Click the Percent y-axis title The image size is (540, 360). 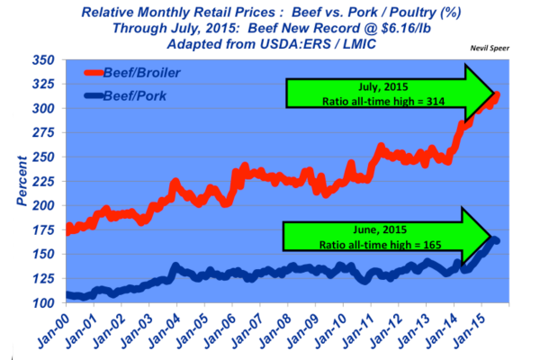coord(18,180)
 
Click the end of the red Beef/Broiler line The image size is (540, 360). coord(498,94)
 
